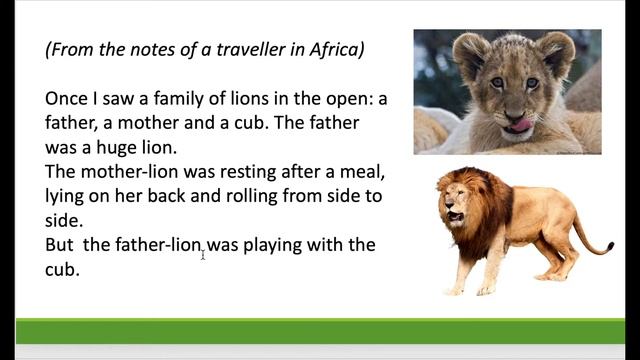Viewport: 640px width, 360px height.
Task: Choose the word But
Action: point(62,245)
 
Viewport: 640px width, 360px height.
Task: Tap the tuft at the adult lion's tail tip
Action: point(607,247)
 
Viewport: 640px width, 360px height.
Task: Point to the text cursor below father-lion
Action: point(203,256)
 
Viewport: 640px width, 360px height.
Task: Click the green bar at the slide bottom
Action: point(320,331)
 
